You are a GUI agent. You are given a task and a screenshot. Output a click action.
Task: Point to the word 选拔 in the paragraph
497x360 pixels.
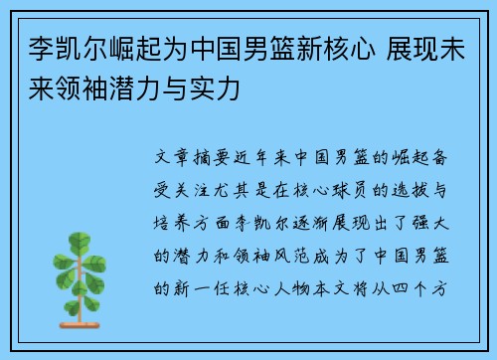(x=420, y=189)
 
